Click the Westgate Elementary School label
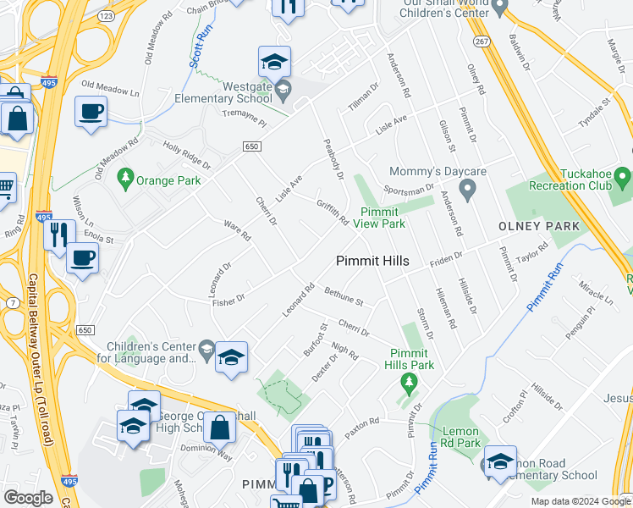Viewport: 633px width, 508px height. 247,92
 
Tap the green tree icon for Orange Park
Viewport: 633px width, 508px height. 126,177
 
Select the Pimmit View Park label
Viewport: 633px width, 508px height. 383,218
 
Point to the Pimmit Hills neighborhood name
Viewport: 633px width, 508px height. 372,261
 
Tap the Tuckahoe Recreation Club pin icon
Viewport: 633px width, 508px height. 623,179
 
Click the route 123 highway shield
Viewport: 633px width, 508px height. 106,15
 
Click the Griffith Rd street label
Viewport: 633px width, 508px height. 333,212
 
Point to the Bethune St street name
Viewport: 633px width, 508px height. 344,296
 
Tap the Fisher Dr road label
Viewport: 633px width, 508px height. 228,298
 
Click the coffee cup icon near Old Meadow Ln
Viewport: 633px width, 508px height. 91,111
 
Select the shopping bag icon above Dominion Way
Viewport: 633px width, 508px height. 220,427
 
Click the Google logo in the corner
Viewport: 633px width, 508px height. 28,498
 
